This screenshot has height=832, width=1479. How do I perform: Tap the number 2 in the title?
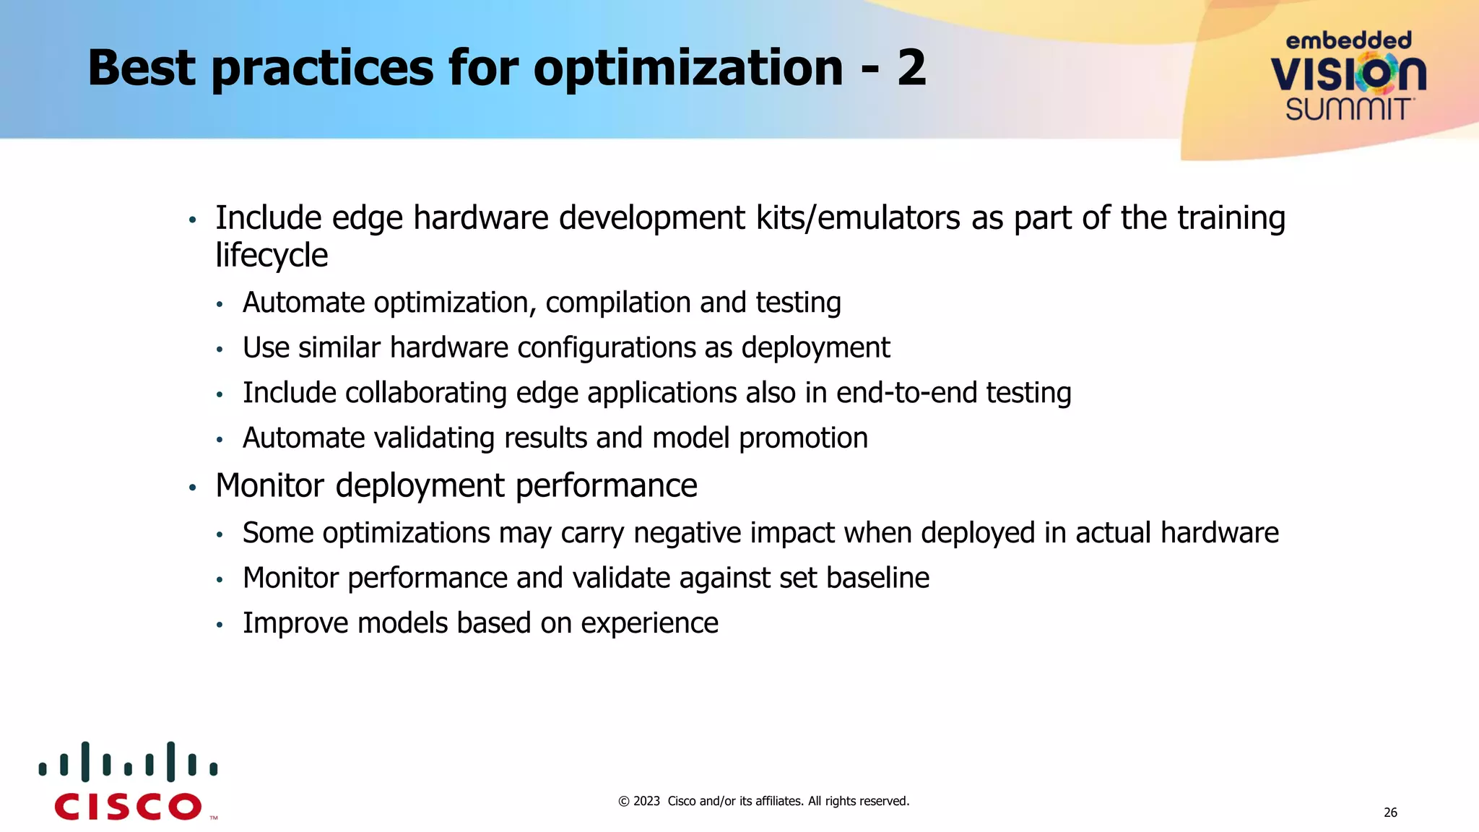point(911,69)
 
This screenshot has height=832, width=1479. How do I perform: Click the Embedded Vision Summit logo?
point(1348,76)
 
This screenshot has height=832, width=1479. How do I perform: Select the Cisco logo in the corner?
point(129,782)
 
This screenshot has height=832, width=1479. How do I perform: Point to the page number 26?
point(1390,812)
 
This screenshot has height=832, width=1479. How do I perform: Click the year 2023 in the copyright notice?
point(646,801)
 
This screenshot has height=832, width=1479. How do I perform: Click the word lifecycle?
point(272,256)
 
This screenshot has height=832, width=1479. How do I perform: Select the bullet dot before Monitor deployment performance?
point(192,487)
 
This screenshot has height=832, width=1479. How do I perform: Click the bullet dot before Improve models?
point(220,625)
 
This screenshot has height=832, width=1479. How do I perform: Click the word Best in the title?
point(142,69)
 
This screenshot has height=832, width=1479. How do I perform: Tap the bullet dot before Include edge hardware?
point(192,220)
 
